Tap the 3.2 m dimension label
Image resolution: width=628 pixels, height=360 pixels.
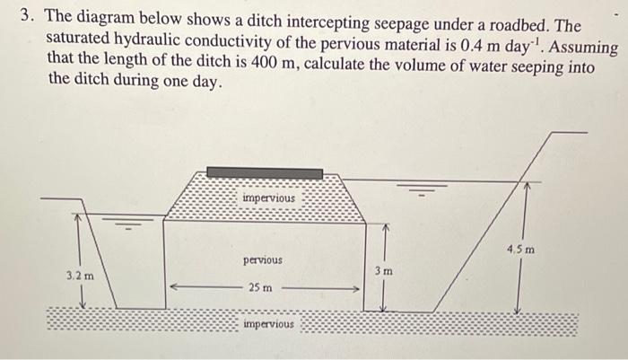(x=79, y=277)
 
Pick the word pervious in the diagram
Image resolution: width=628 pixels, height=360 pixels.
(x=262, y=259)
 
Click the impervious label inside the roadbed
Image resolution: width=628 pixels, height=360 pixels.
(x=268, y=197)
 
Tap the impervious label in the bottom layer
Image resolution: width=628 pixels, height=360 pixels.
(x=268, y=323)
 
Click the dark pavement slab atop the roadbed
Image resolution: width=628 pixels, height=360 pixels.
(x=265, y=171)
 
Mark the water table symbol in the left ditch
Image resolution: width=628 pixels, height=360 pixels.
(x=132, y=220)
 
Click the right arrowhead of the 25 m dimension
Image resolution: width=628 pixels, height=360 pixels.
(x=356, y=289)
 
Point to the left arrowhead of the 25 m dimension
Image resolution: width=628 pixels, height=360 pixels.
(x=174, y=289)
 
